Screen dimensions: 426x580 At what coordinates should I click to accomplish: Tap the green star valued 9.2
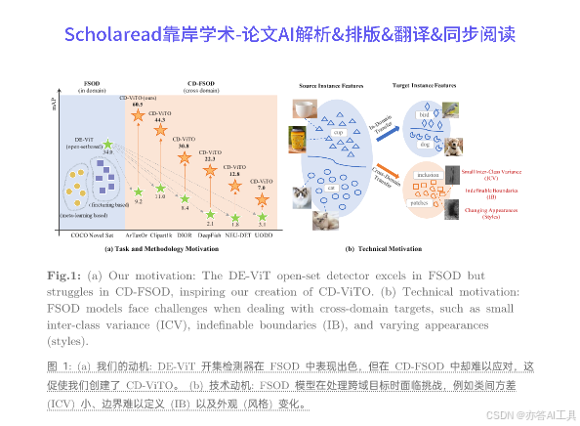click(x=139, y=192)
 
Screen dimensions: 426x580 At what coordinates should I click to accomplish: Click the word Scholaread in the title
click(x=110, y=34)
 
